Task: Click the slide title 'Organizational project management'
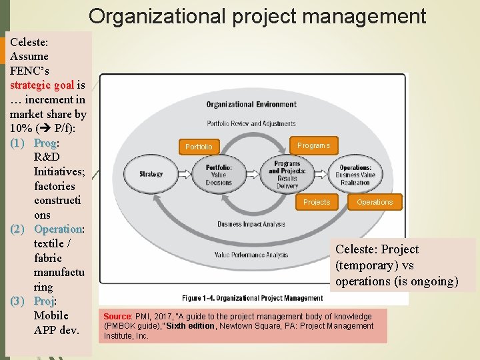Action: click(257, 16)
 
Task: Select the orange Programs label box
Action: click(313, 145)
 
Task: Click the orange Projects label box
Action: click(317, 202)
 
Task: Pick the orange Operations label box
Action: click(375, 202)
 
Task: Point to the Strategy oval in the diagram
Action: click(151, 174)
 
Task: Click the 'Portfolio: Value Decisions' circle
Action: click(219, 174)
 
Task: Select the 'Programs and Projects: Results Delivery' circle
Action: click(287, 174)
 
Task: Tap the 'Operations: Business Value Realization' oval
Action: click(355, 175)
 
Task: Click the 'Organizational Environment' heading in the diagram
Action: click(251, 105)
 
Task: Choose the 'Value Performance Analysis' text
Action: click(251, 255)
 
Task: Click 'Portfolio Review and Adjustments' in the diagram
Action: click(251, 123)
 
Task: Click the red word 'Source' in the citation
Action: click(117, 316)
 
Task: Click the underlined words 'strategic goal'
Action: click(42, 85)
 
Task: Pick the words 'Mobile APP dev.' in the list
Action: click(56, 322)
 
